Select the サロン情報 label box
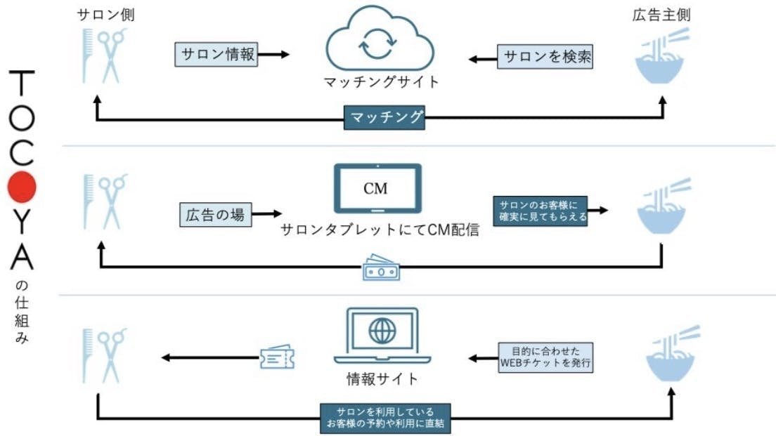(216, 55)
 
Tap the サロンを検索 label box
(545, 58)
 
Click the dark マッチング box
(385, 117)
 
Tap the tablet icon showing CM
(377, 188)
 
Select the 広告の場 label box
(214, 215)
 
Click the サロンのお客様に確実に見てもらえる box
(540, 210)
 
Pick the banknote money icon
(380, 270)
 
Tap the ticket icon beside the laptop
(276, 358)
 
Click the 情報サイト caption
(382, 380)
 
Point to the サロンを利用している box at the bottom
(384, 417)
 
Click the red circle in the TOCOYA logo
(21, 186)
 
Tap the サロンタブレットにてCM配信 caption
(380, 230)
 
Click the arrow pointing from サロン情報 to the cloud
(274, 55)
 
